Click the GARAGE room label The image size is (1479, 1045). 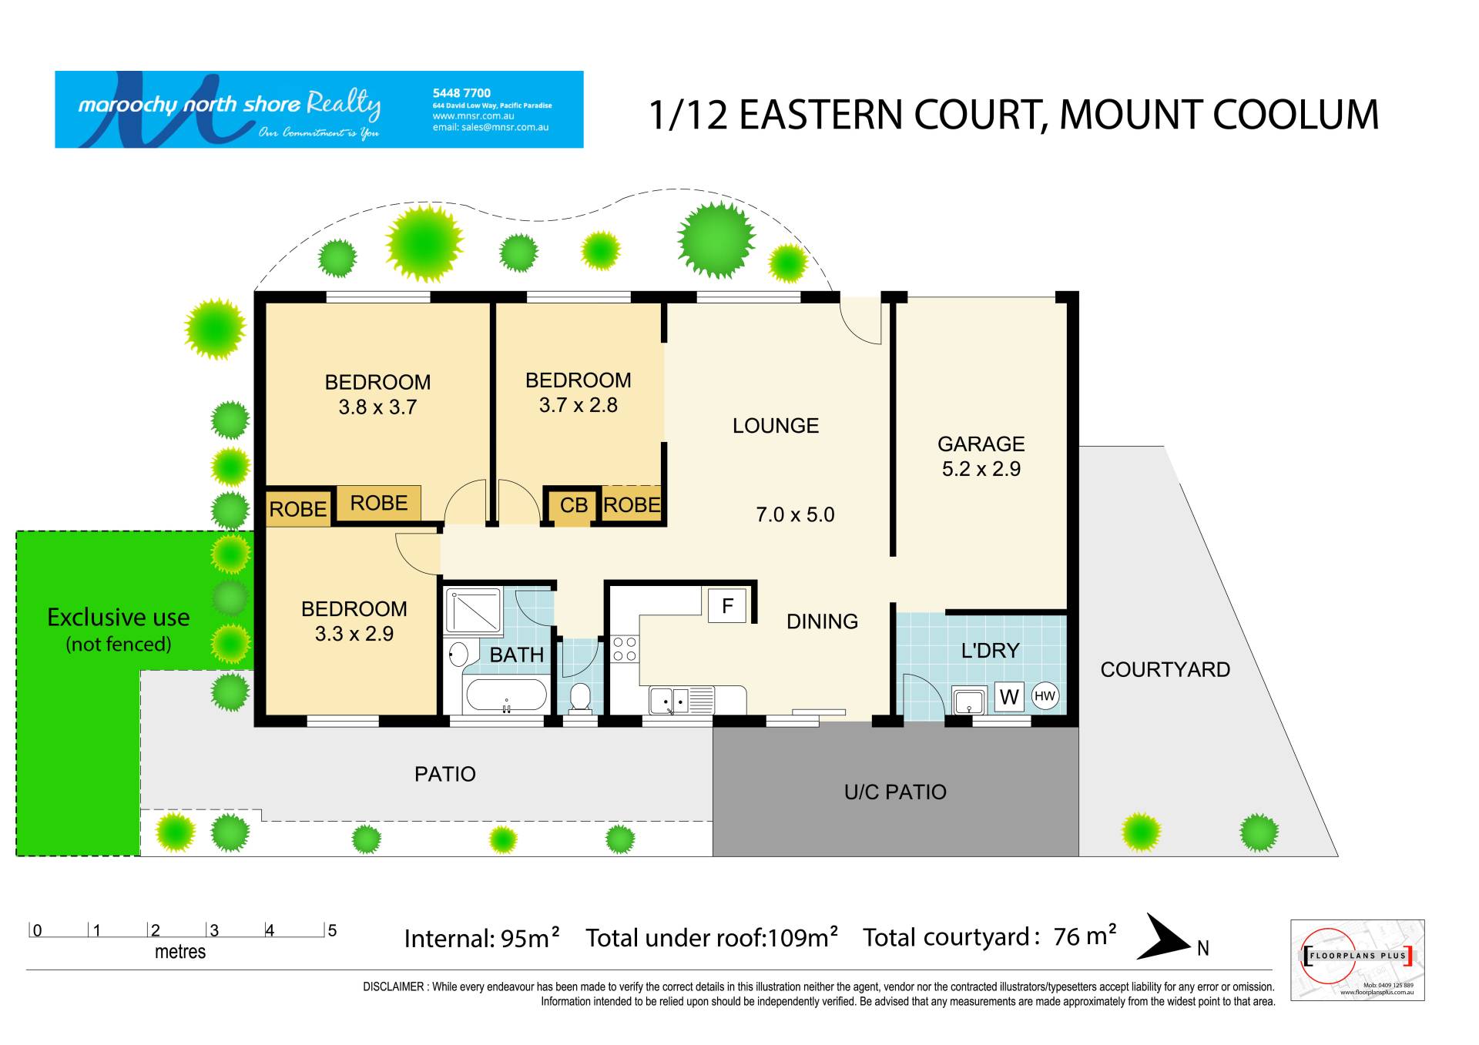click(x=981, y=444)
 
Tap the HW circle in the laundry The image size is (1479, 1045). click(x=1045, y=696)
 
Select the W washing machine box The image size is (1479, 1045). click(x=1009, y=697)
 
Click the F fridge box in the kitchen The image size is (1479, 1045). click(x=727, y=606)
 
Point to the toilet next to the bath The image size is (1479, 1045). click(x=579, y=697)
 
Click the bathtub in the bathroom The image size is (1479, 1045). click(x=506, y=695)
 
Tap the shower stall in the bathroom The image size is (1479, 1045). click(x=474, y=611)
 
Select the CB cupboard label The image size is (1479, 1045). click(x=574, y=506)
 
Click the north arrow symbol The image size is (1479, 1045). click(x=1164, y=937)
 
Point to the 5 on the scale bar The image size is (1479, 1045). click(x=332, y=930)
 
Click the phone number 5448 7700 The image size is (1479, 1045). click(x=461, y=93)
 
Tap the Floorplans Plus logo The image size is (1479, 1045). click(x=1357, y=960)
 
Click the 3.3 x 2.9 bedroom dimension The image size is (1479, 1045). click(x=354, y=634)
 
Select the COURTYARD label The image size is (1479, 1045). click(x=1165, y=670)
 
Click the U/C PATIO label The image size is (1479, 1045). click(x=895, y=792)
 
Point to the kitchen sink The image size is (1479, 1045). click(x=668, y=701)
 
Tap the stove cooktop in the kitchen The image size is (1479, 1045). click(x=624, y=649)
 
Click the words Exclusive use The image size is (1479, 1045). click(x=119, y=618)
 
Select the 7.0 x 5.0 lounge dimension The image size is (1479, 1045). click(x=795, y=514)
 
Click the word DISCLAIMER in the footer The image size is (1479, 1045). click(x=394, y=986)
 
